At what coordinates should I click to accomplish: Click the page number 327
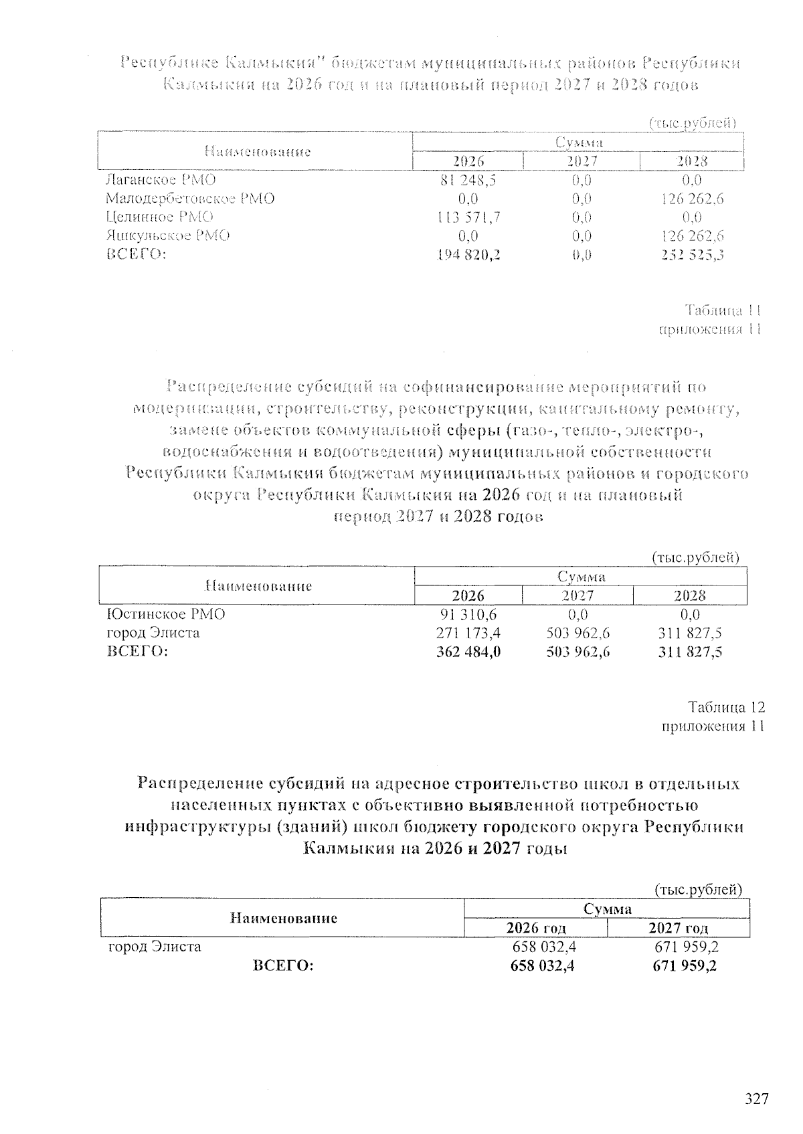[x=757, y=1099]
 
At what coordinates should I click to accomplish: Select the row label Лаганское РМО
[x=161, y=180]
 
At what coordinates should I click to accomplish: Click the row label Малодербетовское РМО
[x=190, y=199]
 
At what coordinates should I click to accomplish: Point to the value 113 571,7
[x=468, y=217]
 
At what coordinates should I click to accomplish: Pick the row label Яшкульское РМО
[x=168, y=235]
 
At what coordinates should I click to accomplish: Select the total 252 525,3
[x=692, y=254]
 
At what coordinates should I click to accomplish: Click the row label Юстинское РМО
[x=166, y=614]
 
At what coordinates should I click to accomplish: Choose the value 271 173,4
[x=468, y=632]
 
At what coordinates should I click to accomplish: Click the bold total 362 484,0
[x=468, y=651]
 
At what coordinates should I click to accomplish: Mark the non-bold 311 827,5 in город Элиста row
[x=690, y=632]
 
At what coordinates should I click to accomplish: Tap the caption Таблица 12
[x=726, y=708]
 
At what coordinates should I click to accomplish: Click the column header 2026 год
[x=536, y=928]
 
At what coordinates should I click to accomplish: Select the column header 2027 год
[x=679, y=928]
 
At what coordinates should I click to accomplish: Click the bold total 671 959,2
[x=684, y=965]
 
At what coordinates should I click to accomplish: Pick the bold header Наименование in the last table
[x=283, y=919]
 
